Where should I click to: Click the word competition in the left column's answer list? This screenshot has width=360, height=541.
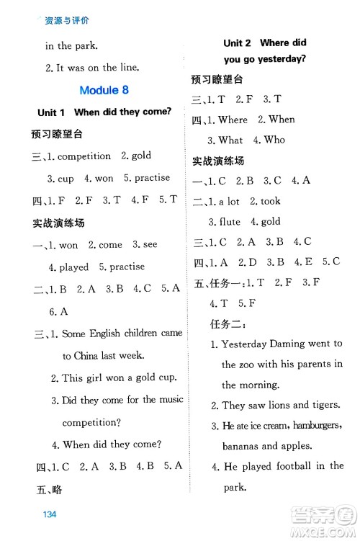(x=84, y=156)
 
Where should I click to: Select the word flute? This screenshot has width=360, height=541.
(x=230, y=222)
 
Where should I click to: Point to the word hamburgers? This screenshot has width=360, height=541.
(x=313, y=426)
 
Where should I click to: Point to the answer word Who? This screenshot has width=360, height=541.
(x=274, y=140)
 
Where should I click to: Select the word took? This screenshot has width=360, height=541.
(x=270, y=202)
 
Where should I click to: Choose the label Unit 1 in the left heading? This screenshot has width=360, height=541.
(x=51, y=112)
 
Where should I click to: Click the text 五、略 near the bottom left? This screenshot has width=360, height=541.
(x=49, y=490)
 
